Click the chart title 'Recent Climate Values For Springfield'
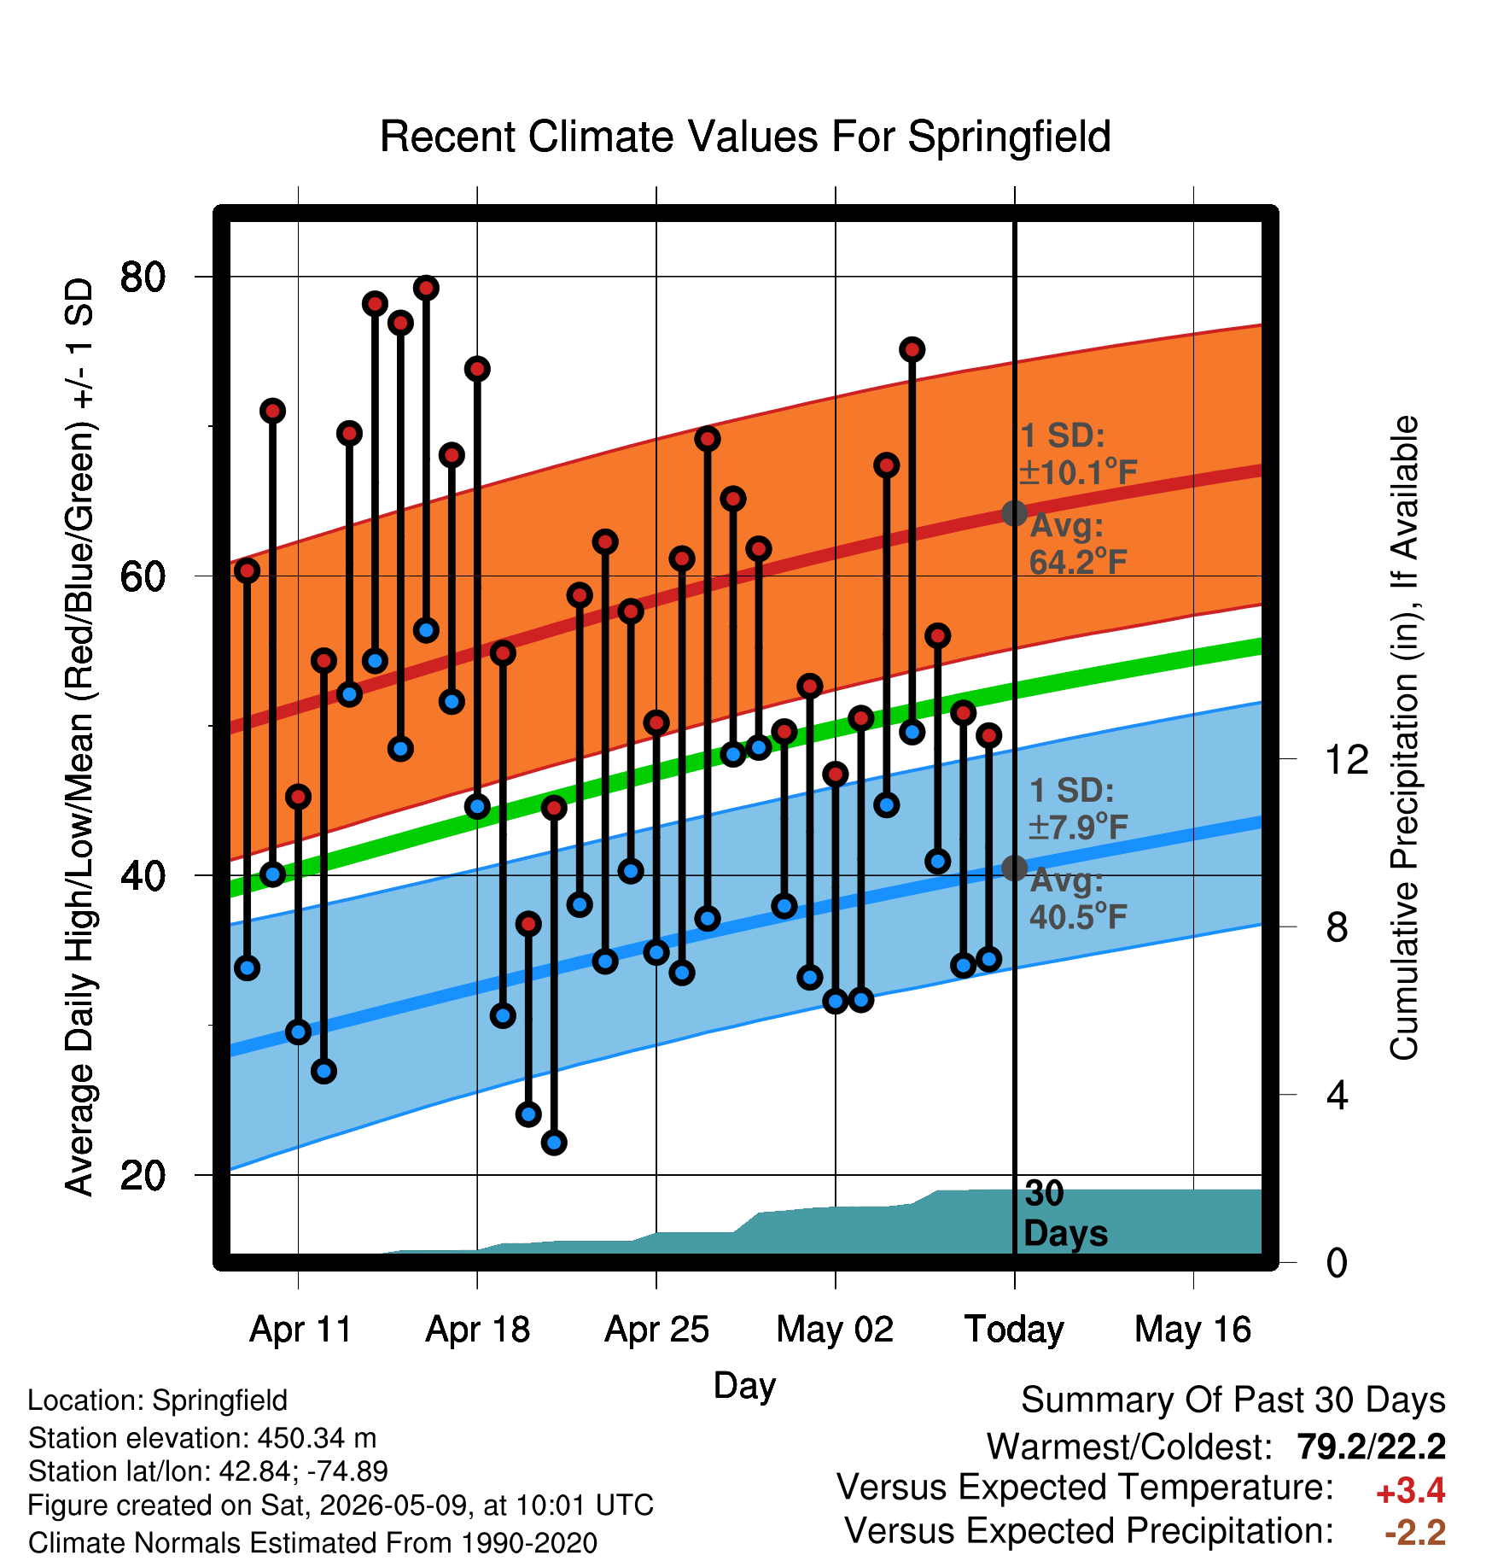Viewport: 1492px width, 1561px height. (x=745, y=137)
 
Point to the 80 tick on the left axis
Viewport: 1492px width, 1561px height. (x=204, y=277)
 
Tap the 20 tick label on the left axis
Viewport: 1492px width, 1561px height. (x=143, y=1176)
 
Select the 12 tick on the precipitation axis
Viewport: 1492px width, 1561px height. (x=1288, y=758)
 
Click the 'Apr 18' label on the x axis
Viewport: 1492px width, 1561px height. (x=478, y=1330)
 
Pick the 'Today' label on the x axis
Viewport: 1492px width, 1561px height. (x=1014, y=1330)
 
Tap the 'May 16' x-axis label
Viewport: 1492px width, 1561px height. (x=1193, y=1330)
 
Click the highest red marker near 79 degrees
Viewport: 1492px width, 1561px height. (x=426, y=288)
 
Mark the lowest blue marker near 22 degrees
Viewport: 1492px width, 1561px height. (x=554, y=1143)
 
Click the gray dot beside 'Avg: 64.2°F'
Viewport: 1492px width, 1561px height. (x=1014, y=513)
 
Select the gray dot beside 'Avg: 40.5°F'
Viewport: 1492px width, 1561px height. (x=1014, y=868)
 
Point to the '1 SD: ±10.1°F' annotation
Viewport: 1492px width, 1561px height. (x=1079, y=453)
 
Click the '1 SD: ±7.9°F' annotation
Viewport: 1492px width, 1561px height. (x=1079, y=808)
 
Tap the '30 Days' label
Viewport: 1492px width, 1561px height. (x=1065, y=1213)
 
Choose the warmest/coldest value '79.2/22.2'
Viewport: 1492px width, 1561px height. (x=1371, y=1447)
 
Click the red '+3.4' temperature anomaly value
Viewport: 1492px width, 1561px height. (x=1410, y=1491)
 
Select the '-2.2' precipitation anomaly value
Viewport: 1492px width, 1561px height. (x=1415, y=1533)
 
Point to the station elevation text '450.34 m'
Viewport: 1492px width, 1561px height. (x=317, y=1438)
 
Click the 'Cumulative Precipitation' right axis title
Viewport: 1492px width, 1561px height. (x=1404, y=738)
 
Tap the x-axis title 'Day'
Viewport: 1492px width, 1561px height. (x=744, y=1385)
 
